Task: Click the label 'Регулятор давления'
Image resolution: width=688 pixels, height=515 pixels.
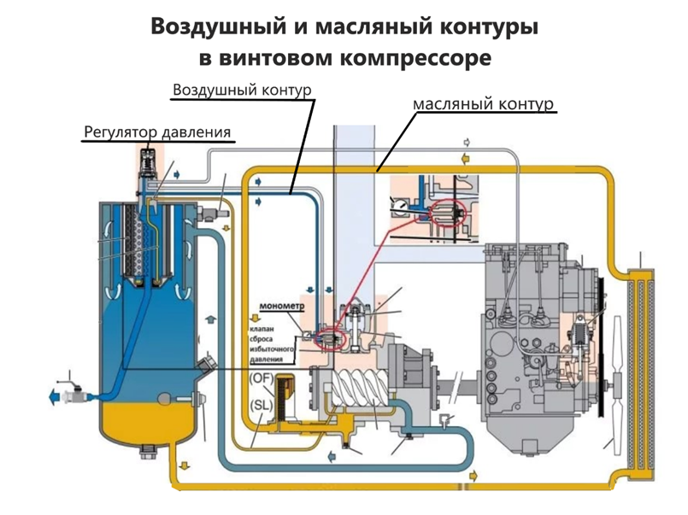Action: [x=157, y=132]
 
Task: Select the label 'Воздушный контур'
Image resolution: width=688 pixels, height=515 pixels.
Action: [x=241, y=90]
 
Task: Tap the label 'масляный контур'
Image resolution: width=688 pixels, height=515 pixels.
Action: [x=484, y=103]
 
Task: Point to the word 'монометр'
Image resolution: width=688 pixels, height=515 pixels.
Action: [x=279, y=305]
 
